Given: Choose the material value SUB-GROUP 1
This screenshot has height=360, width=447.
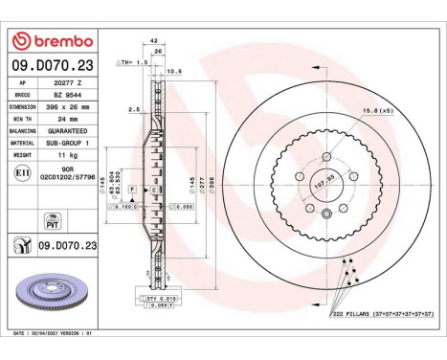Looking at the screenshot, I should (x=68, y=141).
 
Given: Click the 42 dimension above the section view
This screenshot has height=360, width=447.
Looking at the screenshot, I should (x=155, y=42).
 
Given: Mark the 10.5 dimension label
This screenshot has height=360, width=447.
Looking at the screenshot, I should (x=175, y=71).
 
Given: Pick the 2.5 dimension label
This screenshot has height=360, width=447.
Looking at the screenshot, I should (x=135, y=109).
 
